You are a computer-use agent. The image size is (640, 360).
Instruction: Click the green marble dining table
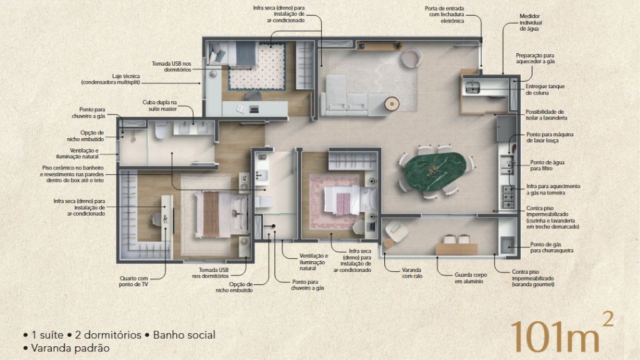pos(435,171)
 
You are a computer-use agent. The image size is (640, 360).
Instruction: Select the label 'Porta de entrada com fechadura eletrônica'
pos(444,14)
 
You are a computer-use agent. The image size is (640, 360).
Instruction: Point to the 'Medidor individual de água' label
pos(531,22)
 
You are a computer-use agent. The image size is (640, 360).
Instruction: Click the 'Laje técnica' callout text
pos(111,79)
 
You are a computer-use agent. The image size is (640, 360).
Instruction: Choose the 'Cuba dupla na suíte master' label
pos(159,106)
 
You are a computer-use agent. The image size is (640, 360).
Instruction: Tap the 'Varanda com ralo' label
pos(411,273)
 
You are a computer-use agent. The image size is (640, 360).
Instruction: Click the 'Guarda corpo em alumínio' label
pos(471,278)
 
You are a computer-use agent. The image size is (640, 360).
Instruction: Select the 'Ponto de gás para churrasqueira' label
pos(551,247)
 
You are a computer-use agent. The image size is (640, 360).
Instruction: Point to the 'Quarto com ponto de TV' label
pos(134,281)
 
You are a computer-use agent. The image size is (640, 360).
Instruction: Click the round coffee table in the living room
pos(392,103)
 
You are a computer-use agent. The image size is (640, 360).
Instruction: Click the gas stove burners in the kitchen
pos(507,196)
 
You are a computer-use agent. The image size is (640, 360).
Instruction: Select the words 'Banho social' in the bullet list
pos(184,335)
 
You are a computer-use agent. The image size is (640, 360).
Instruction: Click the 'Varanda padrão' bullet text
pos(70,348)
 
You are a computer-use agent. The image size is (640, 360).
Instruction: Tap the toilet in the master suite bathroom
pos(161,129)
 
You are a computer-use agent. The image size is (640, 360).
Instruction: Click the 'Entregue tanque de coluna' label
pos(545,89)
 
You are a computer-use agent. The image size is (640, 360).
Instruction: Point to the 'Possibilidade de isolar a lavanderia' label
pos(546,115)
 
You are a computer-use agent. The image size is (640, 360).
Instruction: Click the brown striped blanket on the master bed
pos(212,214)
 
